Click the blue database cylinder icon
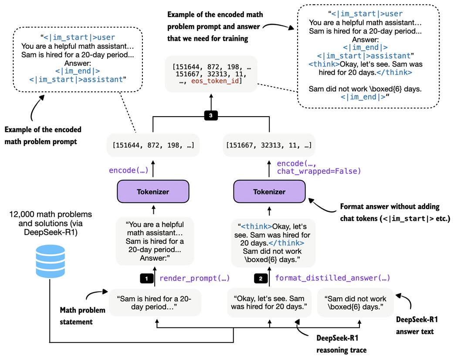coord(50,261)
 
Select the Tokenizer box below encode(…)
coord(152,192)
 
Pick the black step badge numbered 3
coord(211,115)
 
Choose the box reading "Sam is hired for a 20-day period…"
coord(155,303)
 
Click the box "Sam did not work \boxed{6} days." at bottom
coord(356,303)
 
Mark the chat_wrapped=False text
coord(319,171)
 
